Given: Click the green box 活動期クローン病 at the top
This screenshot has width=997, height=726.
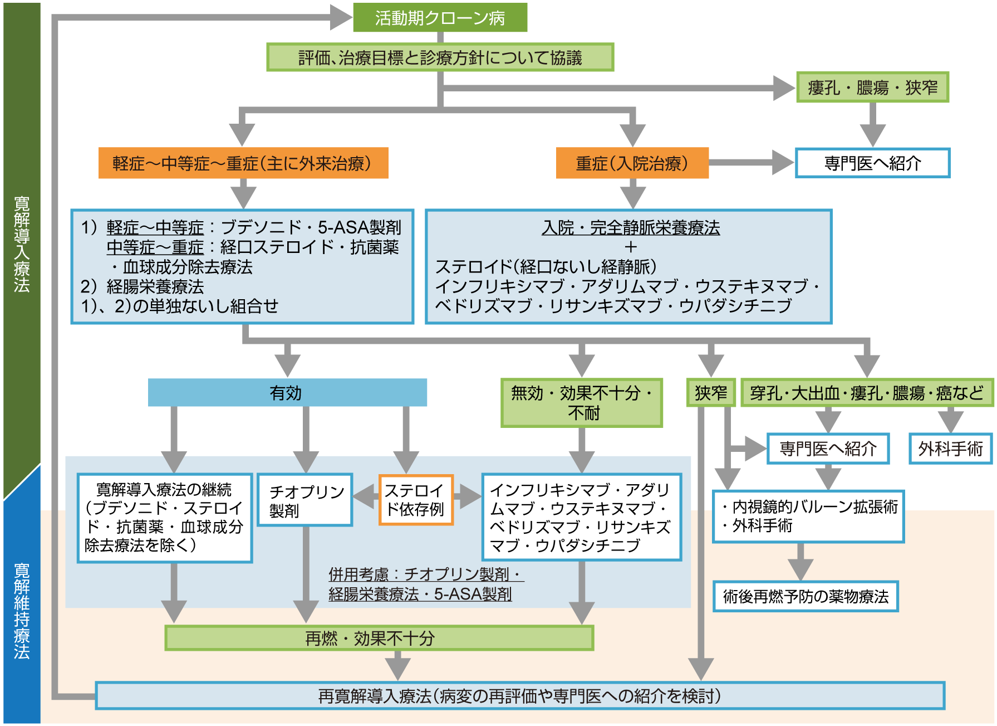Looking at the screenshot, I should [440, 18].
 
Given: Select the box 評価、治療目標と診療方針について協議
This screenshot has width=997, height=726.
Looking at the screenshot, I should [440, 57].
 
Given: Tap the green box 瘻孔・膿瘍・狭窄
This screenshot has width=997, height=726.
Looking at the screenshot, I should [872, 87].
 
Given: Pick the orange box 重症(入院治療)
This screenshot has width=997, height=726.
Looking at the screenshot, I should [632, 163].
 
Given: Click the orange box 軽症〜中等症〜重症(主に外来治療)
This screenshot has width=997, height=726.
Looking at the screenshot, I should [243, 163].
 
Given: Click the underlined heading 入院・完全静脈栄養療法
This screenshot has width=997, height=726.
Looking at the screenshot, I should [631, 227].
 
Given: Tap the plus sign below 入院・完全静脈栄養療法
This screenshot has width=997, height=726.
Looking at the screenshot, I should [630, 247].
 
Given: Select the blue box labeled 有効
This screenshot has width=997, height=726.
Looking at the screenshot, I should [287, 393].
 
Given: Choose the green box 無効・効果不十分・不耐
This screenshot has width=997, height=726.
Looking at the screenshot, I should [582, 403].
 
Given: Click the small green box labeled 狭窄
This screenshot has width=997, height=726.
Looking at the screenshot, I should [711, 393].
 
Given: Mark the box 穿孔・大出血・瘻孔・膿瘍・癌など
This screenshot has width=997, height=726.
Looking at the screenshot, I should [866, 393].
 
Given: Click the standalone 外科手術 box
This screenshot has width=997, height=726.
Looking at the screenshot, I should [950, 449].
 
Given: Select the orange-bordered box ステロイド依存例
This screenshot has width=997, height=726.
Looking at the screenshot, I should [416, 500].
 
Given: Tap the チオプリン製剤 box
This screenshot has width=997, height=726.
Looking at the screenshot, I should [305, 500].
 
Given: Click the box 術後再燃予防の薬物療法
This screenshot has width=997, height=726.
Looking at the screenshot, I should [806, 597].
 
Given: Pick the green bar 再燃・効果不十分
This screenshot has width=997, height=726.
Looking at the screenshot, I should [379, 638].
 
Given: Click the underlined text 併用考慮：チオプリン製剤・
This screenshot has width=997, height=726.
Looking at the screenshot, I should [426, 574].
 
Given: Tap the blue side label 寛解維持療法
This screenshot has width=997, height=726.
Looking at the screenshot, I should [22, 610].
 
